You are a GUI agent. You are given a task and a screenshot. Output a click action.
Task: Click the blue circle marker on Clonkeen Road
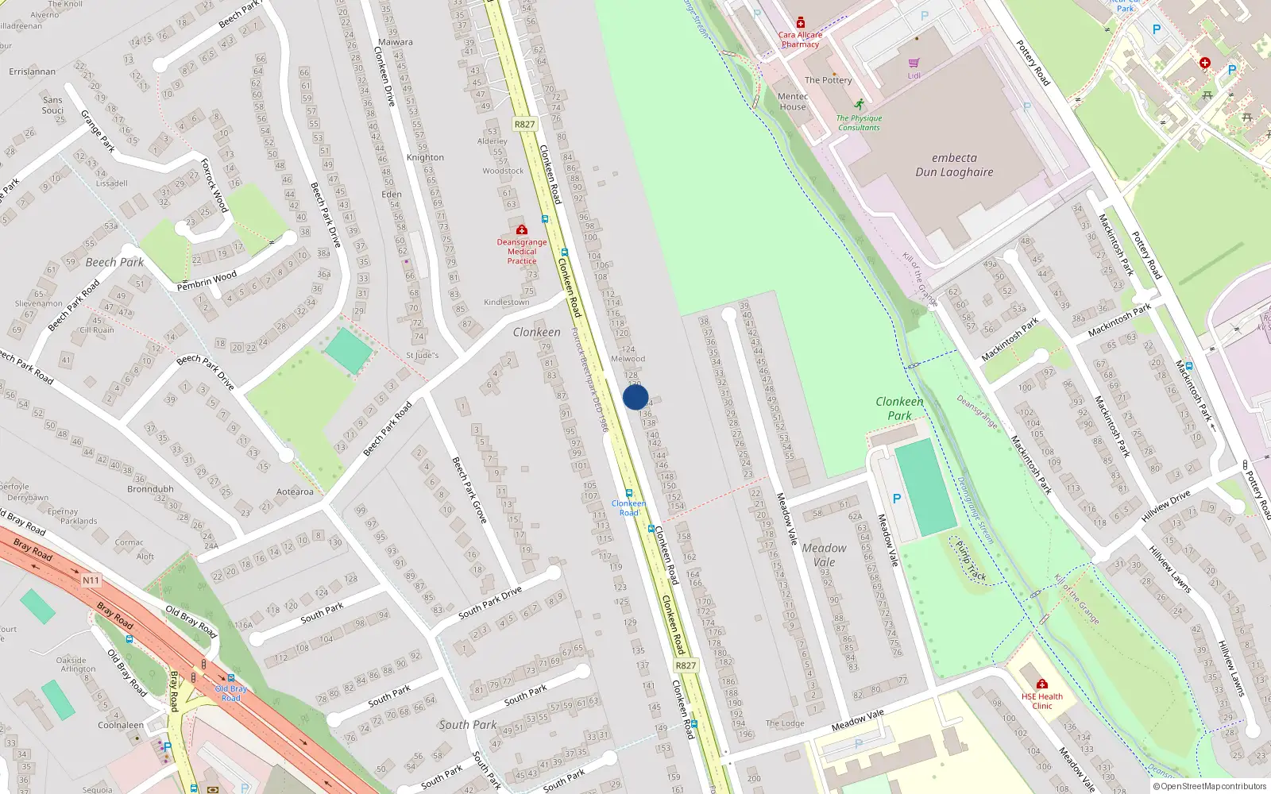pyautogui.click(x=635, y=397)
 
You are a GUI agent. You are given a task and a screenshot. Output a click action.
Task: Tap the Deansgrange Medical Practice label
pyautogui.click(x=522, y=251)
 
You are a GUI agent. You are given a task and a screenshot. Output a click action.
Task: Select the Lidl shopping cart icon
pyautogui.click(x=914, y=63)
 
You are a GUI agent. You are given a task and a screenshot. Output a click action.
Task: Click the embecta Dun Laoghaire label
pyautogui.click(x=954, y=165)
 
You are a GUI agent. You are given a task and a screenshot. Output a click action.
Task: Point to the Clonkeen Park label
pyautogui.click(x=899, y=408)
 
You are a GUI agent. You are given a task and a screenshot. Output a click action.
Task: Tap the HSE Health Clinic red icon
pyautogui.click(x=1042, y=684)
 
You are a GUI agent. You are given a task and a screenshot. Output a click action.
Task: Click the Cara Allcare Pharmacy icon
pyautogui.click(x=801, y=23)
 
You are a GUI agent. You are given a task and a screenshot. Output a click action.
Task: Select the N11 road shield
pyautogui.click(x=91, y=580)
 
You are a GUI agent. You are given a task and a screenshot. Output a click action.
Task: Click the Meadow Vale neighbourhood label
pyautogui.click(x=824, y=554)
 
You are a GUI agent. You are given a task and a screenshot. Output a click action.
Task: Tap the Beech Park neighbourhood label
pyautogui.click(x=114, y=262)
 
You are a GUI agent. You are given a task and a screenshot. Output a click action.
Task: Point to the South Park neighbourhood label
pyautogui.click(x=467, y=724)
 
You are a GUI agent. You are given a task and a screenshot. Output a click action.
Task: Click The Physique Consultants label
pyautogui.click(x=859, y=122)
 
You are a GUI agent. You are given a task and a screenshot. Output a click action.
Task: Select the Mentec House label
pyautogui.click(x=793, y=102)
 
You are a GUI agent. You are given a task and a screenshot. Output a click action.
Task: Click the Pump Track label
pyautogui.click(x=970, y=561)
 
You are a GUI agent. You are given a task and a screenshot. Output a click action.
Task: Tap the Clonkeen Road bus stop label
pyautogui.click(x=628, y=507)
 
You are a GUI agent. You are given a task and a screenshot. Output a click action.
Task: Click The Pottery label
pyautogui.click(x=828, y=80)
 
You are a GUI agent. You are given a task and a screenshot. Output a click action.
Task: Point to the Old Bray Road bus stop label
pyautogui.click(x=230, y=693)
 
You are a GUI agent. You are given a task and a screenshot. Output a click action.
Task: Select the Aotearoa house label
pyautogui.click(x=295, y=491)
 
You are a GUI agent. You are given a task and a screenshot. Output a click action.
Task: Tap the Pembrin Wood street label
pyautogui.click(x=207, y=280)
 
